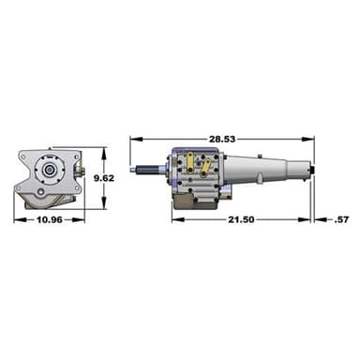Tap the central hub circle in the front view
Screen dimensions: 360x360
point(47,173)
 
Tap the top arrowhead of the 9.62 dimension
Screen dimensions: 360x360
point(102,149)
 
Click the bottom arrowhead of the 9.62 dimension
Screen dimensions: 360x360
point(102,205)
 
